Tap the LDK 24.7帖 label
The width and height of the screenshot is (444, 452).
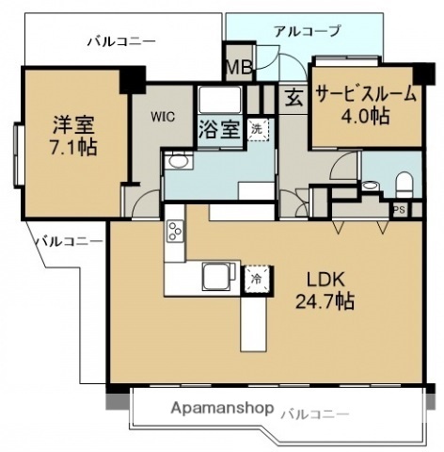[x=326, y=291]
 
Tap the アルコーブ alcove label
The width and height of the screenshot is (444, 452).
[x=307, y=31]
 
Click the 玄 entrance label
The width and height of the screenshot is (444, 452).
[x=293, y=97]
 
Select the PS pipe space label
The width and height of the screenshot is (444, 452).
[x=400, y=210]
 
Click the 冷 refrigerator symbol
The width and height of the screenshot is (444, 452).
[x=255, y=279]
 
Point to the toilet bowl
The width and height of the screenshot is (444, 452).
[x=404, y=182]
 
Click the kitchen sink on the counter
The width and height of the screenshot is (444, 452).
[x=215, y=275]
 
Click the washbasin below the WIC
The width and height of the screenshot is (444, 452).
[x=175, y=163]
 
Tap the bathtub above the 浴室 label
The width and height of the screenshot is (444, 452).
[x=220, y=100]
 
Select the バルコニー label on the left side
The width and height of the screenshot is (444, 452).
[x=70, y=241]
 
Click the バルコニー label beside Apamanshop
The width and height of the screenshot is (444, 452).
[x=315, y=413]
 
